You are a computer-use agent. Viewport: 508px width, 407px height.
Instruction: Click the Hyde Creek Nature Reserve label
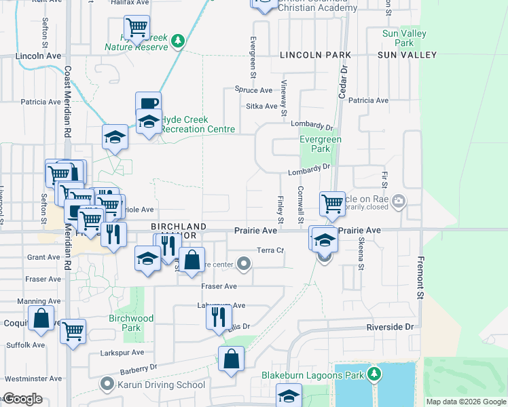136,47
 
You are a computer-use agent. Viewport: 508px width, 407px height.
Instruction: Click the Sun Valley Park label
404,38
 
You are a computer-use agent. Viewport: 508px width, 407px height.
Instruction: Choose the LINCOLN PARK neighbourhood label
315,54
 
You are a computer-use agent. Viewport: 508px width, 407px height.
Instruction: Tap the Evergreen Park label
321,144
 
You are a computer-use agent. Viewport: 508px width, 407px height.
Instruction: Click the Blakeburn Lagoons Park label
313,374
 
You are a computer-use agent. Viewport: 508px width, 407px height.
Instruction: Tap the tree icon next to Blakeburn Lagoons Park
373,374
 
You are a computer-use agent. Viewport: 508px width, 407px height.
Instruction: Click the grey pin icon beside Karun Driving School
107,385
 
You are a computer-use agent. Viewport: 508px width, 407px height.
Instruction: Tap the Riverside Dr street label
390,327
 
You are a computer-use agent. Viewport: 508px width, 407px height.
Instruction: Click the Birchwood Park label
131,323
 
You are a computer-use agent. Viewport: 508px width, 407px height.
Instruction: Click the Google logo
22,399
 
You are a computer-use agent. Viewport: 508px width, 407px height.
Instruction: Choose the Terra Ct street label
270,250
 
